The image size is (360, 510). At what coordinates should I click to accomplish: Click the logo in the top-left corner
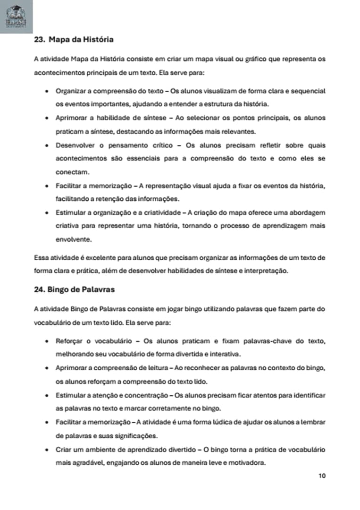pos(17,17)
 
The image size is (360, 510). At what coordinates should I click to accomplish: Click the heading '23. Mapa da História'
pos(74,40)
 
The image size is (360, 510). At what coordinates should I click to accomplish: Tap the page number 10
pos(322,476)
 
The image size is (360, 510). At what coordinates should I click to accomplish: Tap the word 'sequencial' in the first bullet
pos(308,90)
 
